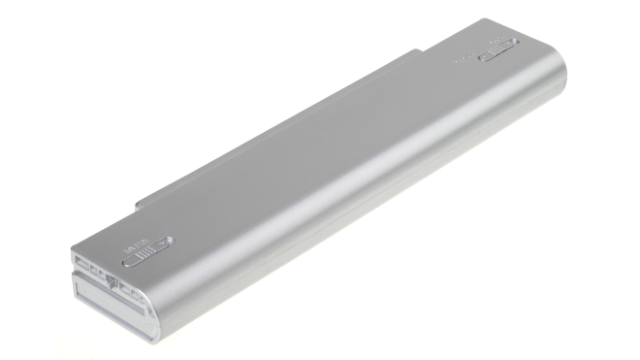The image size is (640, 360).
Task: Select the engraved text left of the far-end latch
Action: coord(464,56)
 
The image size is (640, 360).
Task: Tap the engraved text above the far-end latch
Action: coord(499,42)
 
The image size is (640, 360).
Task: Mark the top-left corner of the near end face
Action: coord(73,251)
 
